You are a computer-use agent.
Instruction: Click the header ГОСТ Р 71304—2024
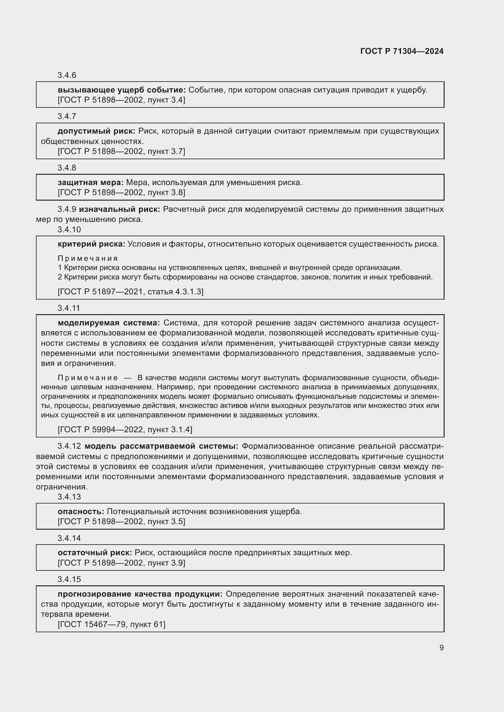402,51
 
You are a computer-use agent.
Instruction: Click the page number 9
441,647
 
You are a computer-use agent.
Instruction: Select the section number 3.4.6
67,75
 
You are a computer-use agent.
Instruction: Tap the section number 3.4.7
67,116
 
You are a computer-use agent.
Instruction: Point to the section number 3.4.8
67,168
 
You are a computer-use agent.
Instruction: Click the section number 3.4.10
69,230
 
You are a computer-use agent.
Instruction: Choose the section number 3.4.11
69,308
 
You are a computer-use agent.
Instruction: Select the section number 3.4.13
69,497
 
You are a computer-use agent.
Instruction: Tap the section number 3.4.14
69,538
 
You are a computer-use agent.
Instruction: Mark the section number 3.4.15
69,579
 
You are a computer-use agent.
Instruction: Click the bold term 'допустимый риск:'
97,131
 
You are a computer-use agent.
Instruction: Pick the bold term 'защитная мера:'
91,183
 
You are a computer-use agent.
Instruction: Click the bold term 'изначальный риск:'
119,209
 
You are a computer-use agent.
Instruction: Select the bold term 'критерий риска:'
91,244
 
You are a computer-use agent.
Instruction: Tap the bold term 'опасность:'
81,511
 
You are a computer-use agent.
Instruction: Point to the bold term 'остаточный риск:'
95,552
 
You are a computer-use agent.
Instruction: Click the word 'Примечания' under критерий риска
88,258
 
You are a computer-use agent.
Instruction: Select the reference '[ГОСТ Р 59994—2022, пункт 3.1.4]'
125,430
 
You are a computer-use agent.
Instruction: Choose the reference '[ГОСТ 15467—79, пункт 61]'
112,624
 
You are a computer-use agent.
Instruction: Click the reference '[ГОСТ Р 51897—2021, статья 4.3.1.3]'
130,292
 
